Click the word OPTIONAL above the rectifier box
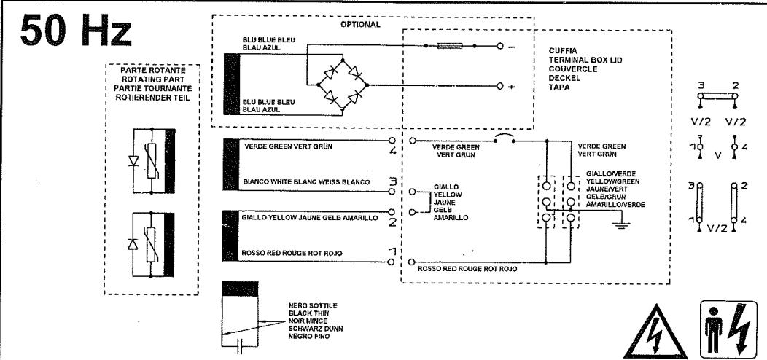tap(360, 24)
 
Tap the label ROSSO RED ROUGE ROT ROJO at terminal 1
tap(292, 254)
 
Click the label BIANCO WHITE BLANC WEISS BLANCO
tap(307, 181)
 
